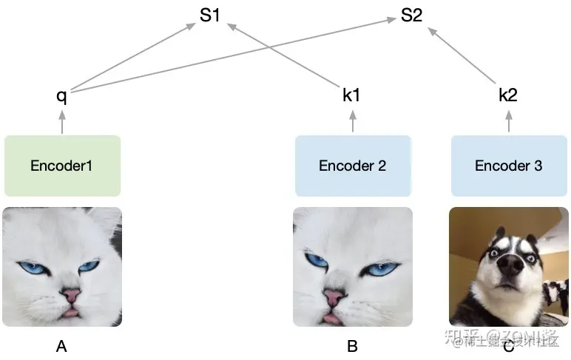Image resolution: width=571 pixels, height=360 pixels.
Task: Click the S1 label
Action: (210, 16)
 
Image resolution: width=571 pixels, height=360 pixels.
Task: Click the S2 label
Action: (411, 16)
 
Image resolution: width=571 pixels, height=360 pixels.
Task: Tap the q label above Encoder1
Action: (62, 96)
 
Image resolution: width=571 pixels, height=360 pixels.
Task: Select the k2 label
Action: (508, 95)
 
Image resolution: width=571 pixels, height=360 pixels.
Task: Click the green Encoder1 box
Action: (62, 166)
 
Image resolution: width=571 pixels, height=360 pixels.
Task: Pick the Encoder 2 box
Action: (352, 166)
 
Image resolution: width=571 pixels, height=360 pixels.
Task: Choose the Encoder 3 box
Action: (508, 166)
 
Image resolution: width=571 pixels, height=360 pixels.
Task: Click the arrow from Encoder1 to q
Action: (62, 121)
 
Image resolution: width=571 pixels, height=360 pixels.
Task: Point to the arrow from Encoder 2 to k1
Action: (352, 121)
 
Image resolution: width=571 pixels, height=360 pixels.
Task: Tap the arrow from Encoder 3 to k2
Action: (508, 121)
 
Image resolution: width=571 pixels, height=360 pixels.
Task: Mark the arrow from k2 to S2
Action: (462, 56)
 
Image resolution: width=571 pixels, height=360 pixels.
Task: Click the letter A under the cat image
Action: (61, 345)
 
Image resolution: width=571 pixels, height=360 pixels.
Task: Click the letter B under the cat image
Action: (352, 345)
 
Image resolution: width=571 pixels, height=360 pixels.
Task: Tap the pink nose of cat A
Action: (71, 295)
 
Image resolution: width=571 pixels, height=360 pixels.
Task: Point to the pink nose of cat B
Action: (333, 296)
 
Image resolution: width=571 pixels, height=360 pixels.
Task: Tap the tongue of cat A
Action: (71, 312)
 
